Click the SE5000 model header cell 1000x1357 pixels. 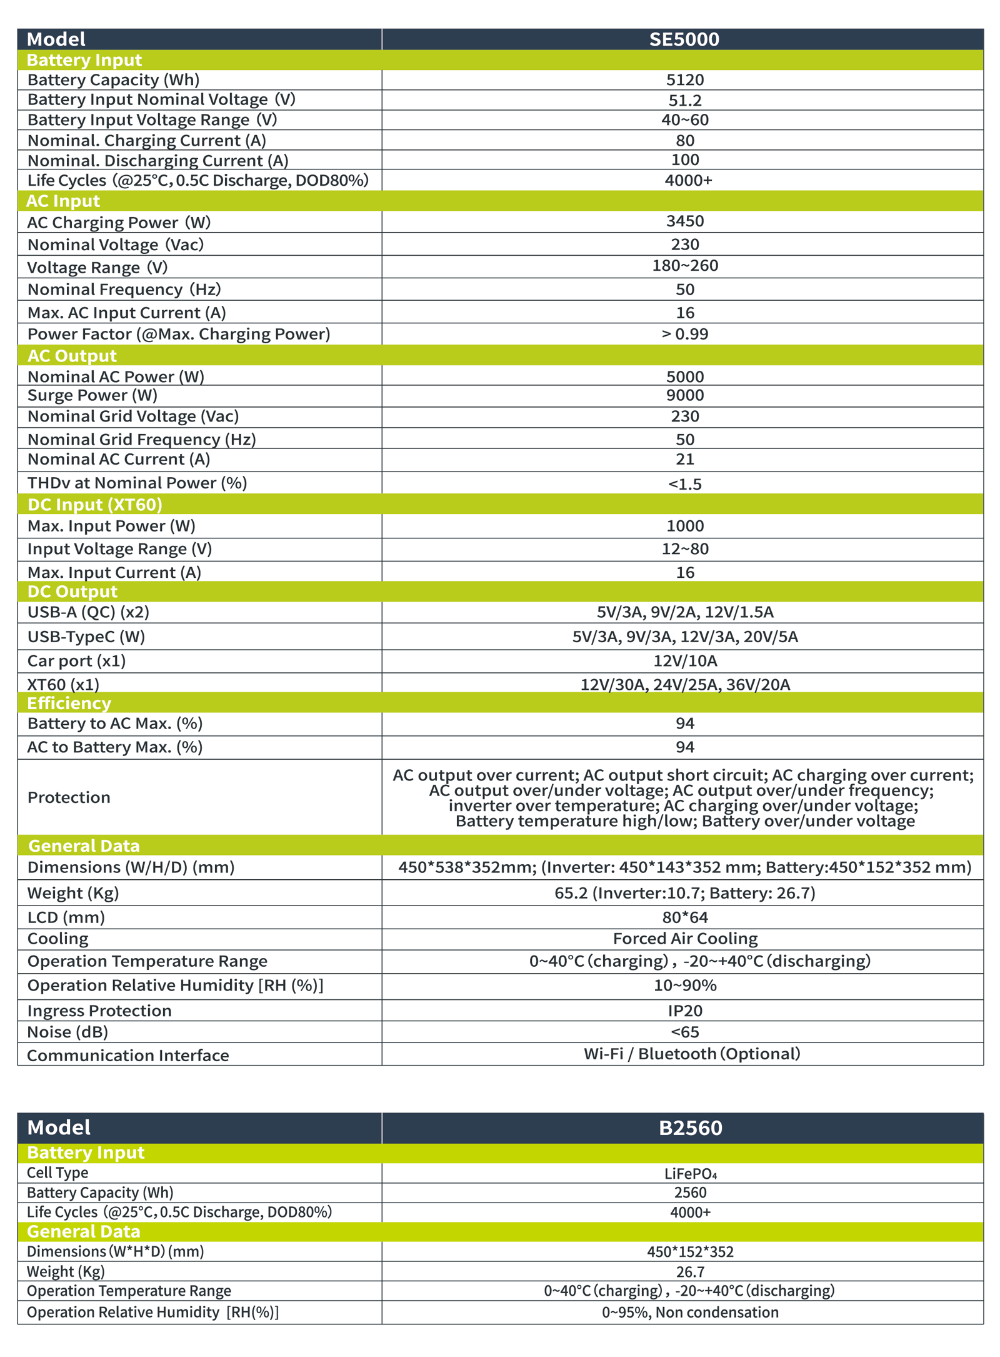click(x=684, y=39)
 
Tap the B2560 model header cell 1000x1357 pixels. click(x=690, y=1127)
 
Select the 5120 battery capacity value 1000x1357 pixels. click(x=685, y=80)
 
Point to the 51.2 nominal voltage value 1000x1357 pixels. click(x=685, y=100)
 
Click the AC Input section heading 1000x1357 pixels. click(x=63, y=201)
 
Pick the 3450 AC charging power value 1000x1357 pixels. click(x=685, y=221)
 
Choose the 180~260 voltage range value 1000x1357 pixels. click(x=685, y=266)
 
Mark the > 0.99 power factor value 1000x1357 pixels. click(x=685, y=334)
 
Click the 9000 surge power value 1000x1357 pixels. click(x=685, y=395)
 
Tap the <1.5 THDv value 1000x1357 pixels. click(x=685, y=484)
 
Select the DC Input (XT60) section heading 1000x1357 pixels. click(x=95, y=505)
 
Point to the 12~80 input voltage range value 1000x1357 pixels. click(x=685, y=549)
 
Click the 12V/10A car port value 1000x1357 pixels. click(x=685, y=661)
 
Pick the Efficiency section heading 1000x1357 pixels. click(x=69, y=704)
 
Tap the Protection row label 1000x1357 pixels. click(x=69, y=797)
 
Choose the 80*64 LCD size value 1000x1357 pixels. click(x=685, y=917)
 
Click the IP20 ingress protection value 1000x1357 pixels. click(x=685, y=1011)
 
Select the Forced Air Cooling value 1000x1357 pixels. click(x=685, y=939)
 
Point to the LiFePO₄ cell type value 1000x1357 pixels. click(x=690, y=1174)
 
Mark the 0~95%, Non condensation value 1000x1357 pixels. click(x=690, y=1312)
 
